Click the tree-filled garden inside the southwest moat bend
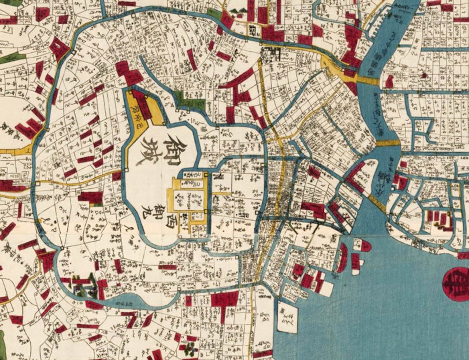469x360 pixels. click(84, 286)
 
